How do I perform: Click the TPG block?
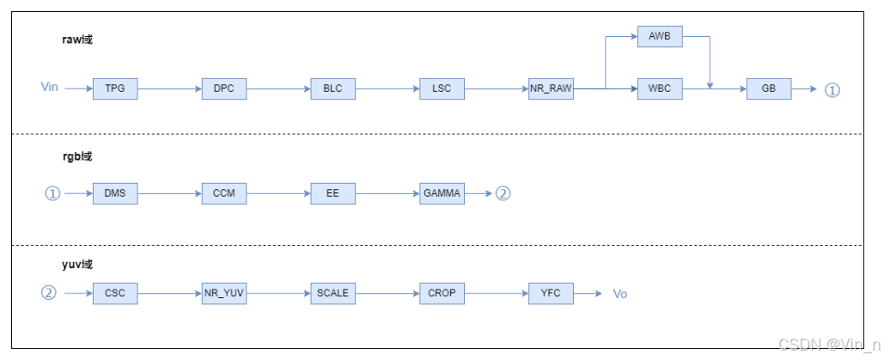tap(115, 88)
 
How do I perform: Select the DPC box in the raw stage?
tap(224, 88)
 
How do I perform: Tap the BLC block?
tap(333, 88)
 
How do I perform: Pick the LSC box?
tap(442, 88)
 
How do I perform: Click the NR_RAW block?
tap(551, 88)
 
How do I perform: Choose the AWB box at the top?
tap(660, 37)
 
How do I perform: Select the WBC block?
tap(660, 88)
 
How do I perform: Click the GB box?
tap(769, 88)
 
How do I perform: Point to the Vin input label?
tap(50, 88)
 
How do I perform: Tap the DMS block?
tap(115, 193)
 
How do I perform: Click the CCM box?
tap(224, 193)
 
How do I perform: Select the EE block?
tap(333, 193)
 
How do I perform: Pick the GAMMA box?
tap(442, 193)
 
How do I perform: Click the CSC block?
tap(115, 293)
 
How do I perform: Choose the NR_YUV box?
tap(224, 293)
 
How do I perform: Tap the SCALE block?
tap(333, 293)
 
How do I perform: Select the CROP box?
tap(442, 293)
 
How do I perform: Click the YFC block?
tap(551, 293)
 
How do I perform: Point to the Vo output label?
tap(619, 294)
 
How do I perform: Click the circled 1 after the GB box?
tap(832, 89)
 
